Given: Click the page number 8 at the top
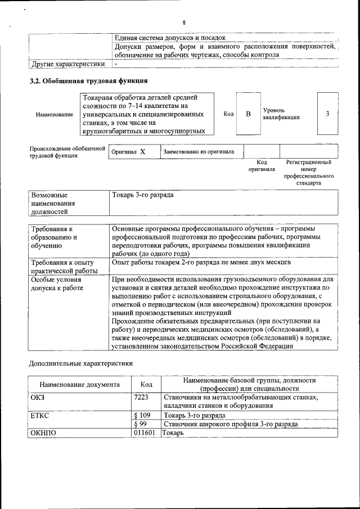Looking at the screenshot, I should (183, 22).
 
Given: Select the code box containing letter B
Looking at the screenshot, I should (248, 114).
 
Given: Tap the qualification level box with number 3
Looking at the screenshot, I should (327, 114).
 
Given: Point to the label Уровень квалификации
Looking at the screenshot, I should (281, 114).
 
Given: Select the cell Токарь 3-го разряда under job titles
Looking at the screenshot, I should (143, 195).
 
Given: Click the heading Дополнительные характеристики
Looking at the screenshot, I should (81, 363).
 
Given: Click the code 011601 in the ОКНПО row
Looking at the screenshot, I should (145, 433).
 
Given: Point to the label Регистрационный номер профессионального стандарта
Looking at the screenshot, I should (309, 172).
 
